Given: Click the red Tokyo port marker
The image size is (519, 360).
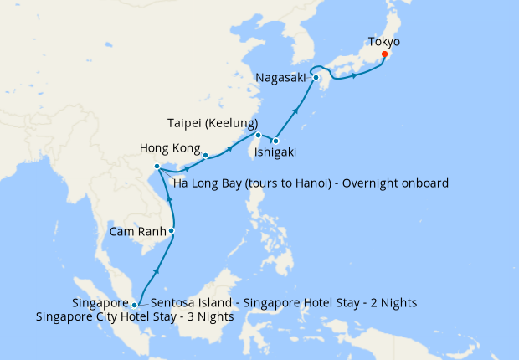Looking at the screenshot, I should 384,55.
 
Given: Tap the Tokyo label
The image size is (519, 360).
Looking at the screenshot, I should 384,41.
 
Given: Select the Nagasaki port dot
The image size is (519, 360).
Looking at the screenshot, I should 316,78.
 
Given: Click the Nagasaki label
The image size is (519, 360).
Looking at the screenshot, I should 282,79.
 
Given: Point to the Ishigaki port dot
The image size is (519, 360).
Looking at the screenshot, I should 275,141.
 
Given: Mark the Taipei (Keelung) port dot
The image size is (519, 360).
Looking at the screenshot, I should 259,136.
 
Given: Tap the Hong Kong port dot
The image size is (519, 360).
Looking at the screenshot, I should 205,155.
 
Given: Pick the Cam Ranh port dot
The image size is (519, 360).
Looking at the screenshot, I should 172,230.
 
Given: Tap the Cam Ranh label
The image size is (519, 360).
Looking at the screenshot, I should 136,230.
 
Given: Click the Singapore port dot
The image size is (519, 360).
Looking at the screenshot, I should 135,306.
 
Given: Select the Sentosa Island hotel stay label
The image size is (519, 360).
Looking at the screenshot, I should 283,302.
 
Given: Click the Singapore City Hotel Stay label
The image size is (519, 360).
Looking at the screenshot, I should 135,317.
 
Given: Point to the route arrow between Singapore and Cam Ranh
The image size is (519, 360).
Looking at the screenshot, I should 156,272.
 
